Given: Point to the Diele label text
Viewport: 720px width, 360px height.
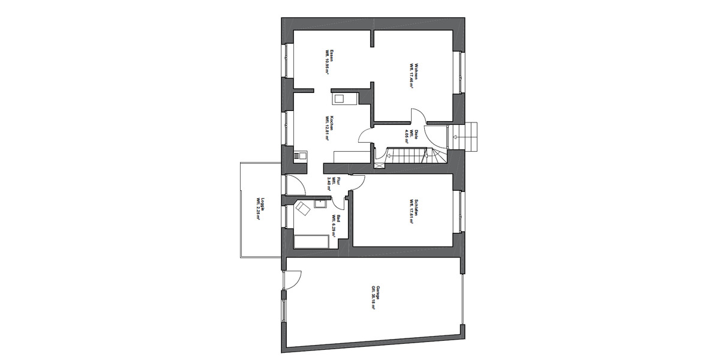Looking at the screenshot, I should (x=409, y=135).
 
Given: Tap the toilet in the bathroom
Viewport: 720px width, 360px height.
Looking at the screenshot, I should (x=301, y=209).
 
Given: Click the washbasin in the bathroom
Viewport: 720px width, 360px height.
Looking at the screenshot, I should (x=320, y=202).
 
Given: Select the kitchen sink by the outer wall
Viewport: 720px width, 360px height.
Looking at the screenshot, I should (x=299, y=156).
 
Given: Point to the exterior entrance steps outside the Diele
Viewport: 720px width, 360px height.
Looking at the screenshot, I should (x=468, y=137).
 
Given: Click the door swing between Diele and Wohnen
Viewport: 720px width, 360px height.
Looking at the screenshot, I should (x=417, y=116).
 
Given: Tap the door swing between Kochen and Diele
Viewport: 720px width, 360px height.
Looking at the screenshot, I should (x=365, y=136).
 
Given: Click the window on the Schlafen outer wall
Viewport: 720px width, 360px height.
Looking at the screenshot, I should (x=461, y=211).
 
